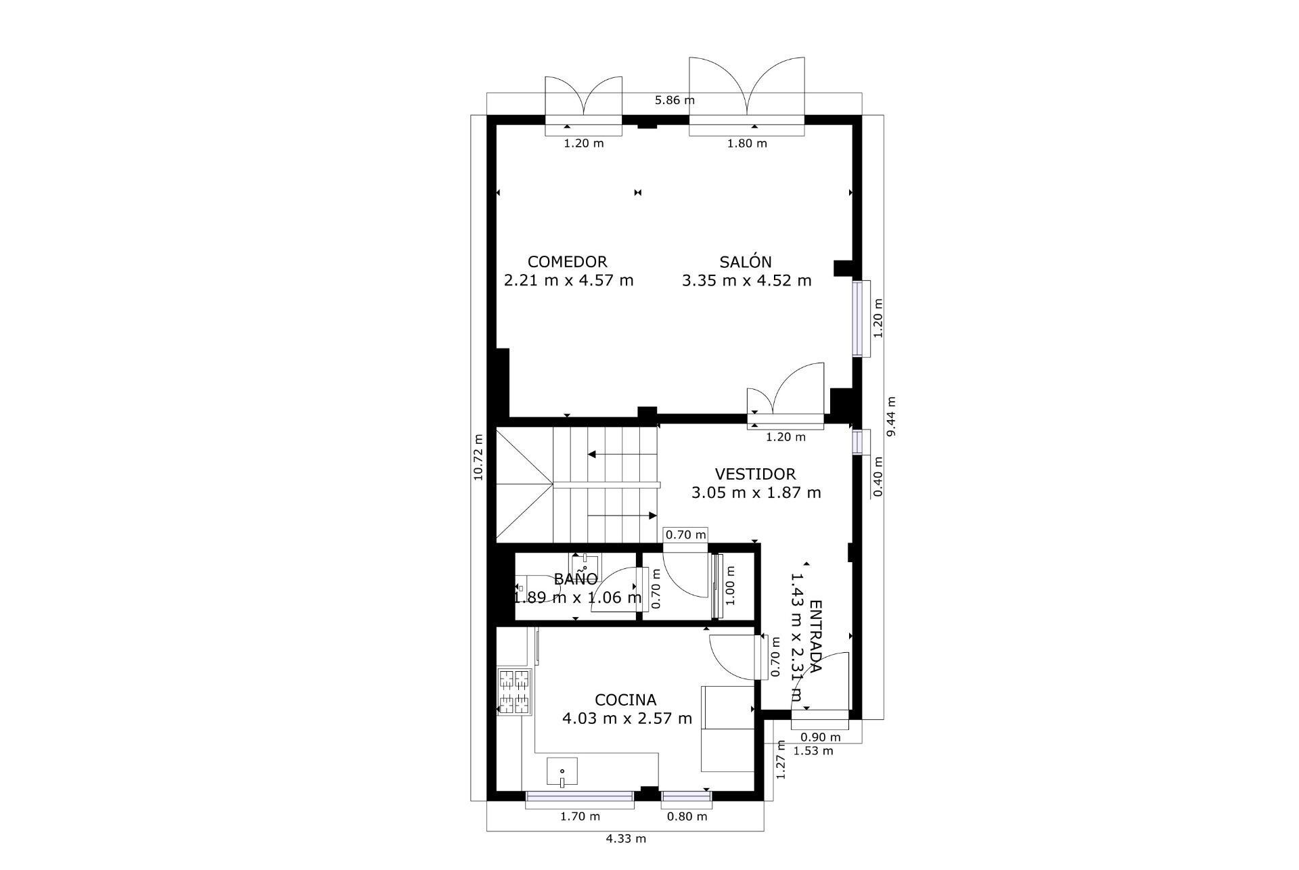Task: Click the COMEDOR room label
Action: coord(567,262)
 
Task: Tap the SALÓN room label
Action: coord(746,262)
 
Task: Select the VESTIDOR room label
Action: coord(755,474)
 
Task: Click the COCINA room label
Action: coord(625,700)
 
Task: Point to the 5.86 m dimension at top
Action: coord(675,101)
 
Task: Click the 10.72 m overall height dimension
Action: coord(479,457)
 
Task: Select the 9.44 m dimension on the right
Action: coord(891,417)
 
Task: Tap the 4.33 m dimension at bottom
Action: coord(625,839)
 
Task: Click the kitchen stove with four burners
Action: coord(514,691)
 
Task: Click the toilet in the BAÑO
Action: coord(531,588)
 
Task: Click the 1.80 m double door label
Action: coord(747,143)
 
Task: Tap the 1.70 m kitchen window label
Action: coord(580,817)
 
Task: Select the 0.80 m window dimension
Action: coord(687,817)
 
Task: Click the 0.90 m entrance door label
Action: coord(820,737)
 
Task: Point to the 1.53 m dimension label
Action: coord(813,751)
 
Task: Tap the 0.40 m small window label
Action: coord(878,476)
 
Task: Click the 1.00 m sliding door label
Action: coord(730,586)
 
